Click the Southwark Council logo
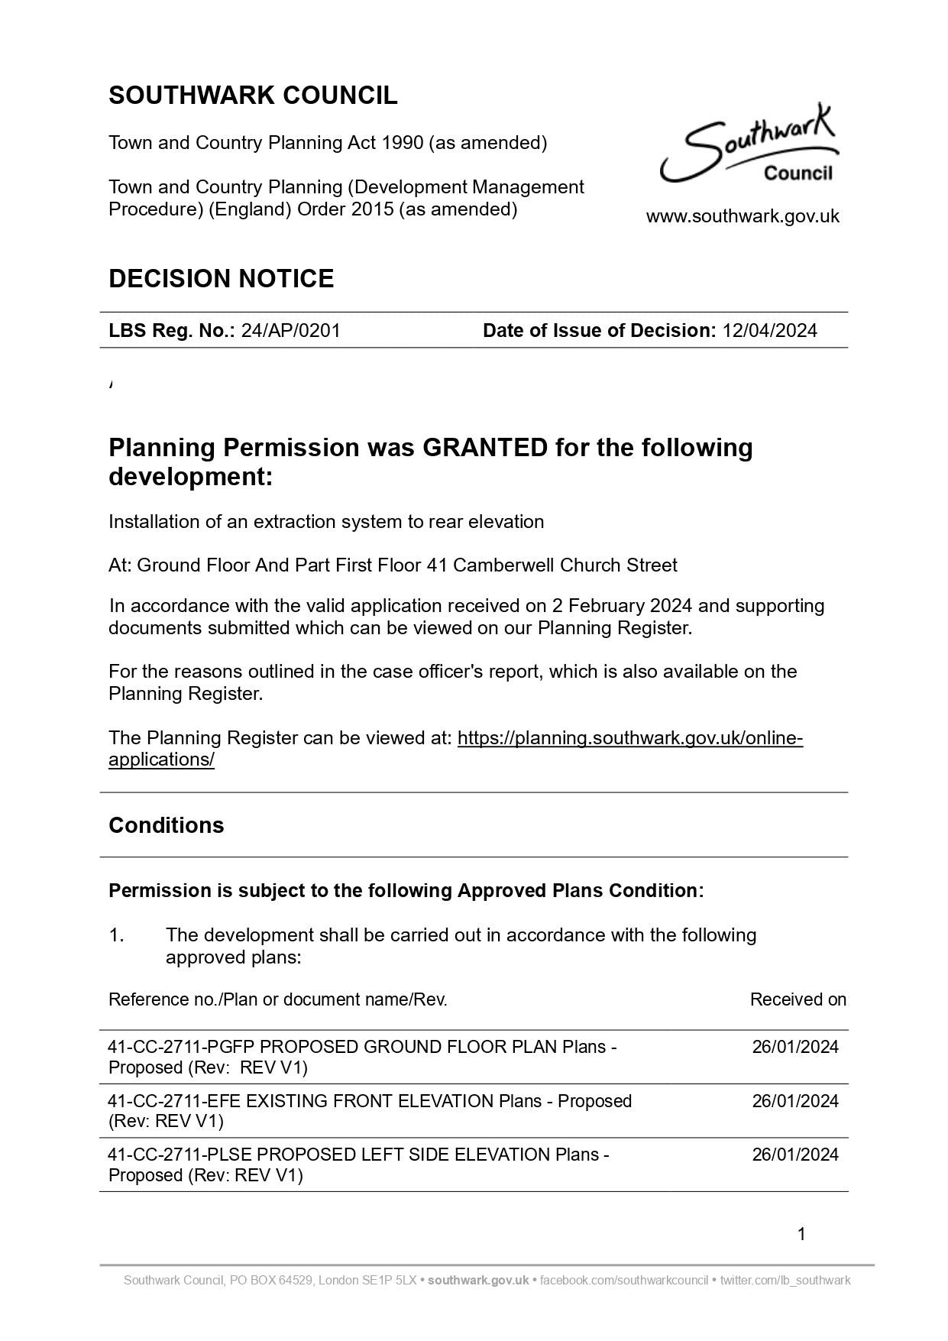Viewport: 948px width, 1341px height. tap(749, 145)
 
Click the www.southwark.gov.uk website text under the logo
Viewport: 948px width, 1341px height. tap(743, 217)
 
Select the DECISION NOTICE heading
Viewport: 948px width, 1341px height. tap(222, 279)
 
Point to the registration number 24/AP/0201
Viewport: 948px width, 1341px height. tap(290, 331)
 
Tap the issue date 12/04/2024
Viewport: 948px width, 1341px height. tap(769, 331)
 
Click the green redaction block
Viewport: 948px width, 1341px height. tap(394, 393)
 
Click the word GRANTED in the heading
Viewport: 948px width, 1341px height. tap(485, 448)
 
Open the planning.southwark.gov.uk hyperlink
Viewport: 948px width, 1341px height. tap(629, 738)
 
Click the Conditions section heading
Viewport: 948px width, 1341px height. tap(167, 826)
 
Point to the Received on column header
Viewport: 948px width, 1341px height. tap(798, 1000)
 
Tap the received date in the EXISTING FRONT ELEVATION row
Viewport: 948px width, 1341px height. tap(794, 1102)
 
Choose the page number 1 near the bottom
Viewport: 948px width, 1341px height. tap(801, 1234)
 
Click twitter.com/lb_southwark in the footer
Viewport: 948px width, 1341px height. tap(785, 1281)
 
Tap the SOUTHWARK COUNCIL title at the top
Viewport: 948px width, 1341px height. tap(253, 96)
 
